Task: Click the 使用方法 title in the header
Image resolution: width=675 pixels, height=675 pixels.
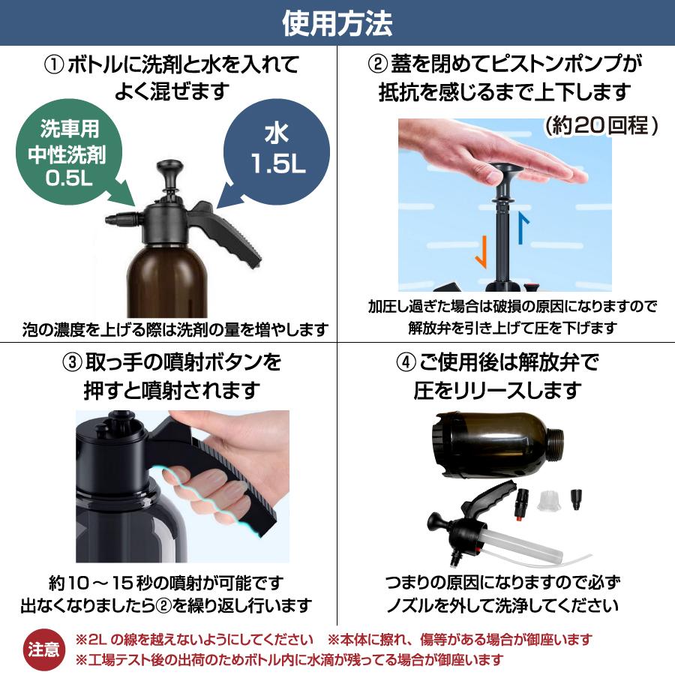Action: tap(337, 23)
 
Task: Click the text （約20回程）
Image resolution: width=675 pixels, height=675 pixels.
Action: tap(601, 125)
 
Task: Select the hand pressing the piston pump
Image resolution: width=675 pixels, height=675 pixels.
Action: tap(525, 161)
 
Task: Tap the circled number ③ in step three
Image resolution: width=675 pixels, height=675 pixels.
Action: tap(72, 363)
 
